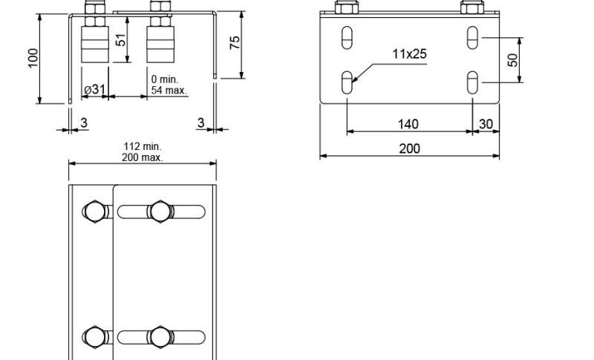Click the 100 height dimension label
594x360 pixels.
[33, 58]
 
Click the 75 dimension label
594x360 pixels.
[235, 42]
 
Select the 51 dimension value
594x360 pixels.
[120, 40]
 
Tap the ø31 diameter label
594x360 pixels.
[95, 89]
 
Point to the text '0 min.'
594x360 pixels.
[164, 79]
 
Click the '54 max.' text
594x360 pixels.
[169, 91]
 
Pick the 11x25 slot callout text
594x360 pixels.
[409, 54]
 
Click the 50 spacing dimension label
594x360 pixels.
[512, 60]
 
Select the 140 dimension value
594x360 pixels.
[408, 124]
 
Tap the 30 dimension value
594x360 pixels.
[486, 124]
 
